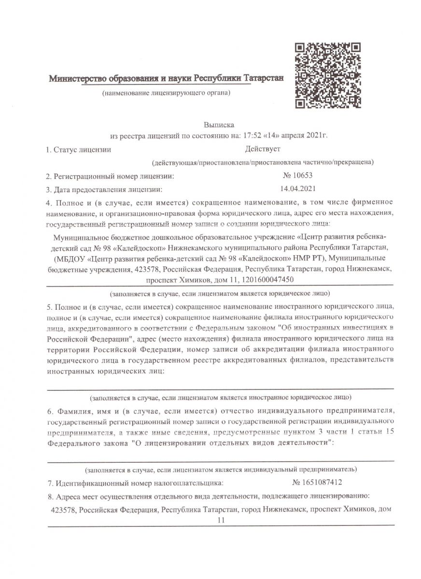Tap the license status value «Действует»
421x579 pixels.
point(262,149)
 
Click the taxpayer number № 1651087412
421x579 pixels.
point(317,482)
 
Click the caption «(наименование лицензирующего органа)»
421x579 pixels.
point(166,92)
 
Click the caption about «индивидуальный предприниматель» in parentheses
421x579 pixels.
point(221,469)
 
